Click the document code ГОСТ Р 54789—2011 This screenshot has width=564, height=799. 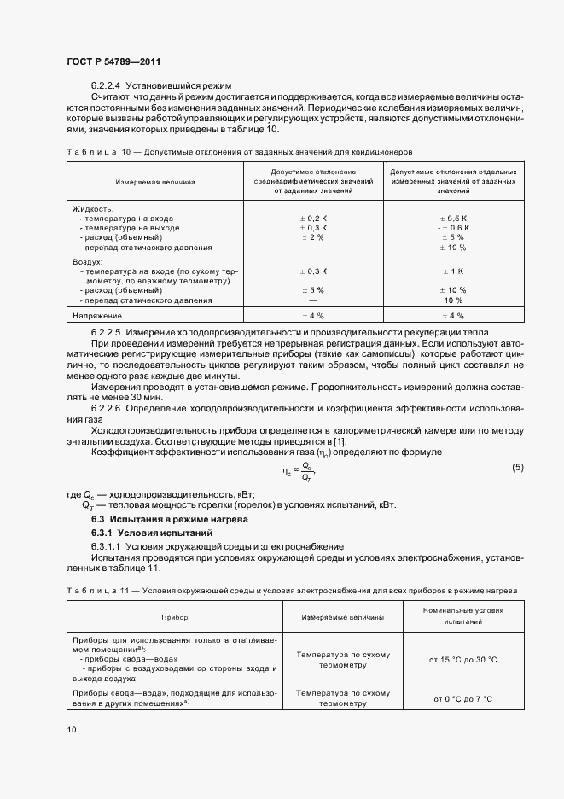pyautogui.click(x=113, y=61)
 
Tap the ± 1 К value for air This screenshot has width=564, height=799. pyautogui.click(x=453, y=271)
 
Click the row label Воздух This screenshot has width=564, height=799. pyautogui.click(x=88, y=262)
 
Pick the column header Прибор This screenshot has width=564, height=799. pyautogui.click(x=176, y=616)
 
